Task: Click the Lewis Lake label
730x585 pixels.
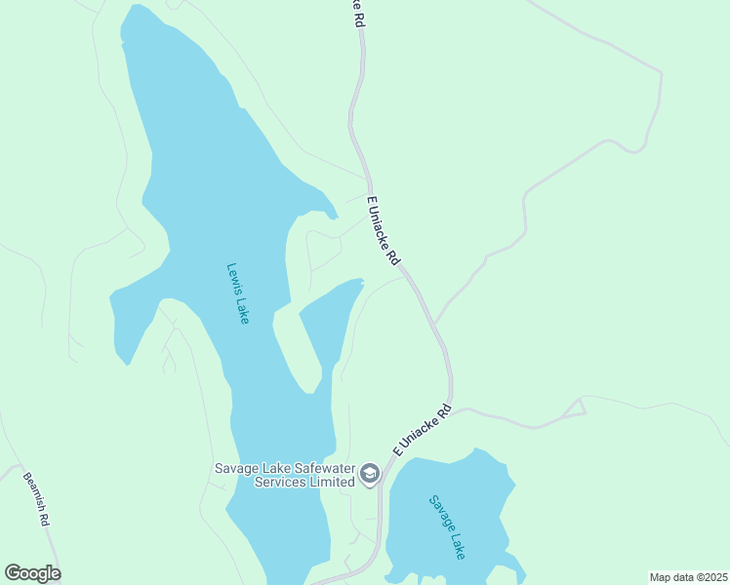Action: [238, 293]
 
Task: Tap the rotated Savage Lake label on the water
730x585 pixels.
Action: [448, 526]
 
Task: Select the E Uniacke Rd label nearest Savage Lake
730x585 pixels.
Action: [422, 429]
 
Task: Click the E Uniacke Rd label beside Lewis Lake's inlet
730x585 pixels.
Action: [383, 231]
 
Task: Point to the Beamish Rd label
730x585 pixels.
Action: [36, 499]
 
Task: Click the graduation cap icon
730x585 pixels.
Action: [370, 474]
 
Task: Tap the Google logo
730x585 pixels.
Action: [32, 572]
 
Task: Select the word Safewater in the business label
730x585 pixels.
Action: [315, 467]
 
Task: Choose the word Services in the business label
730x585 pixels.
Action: [277, 481]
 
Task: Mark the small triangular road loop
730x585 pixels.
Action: [575, 409]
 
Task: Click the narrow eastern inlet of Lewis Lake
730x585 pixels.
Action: [327, 322]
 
